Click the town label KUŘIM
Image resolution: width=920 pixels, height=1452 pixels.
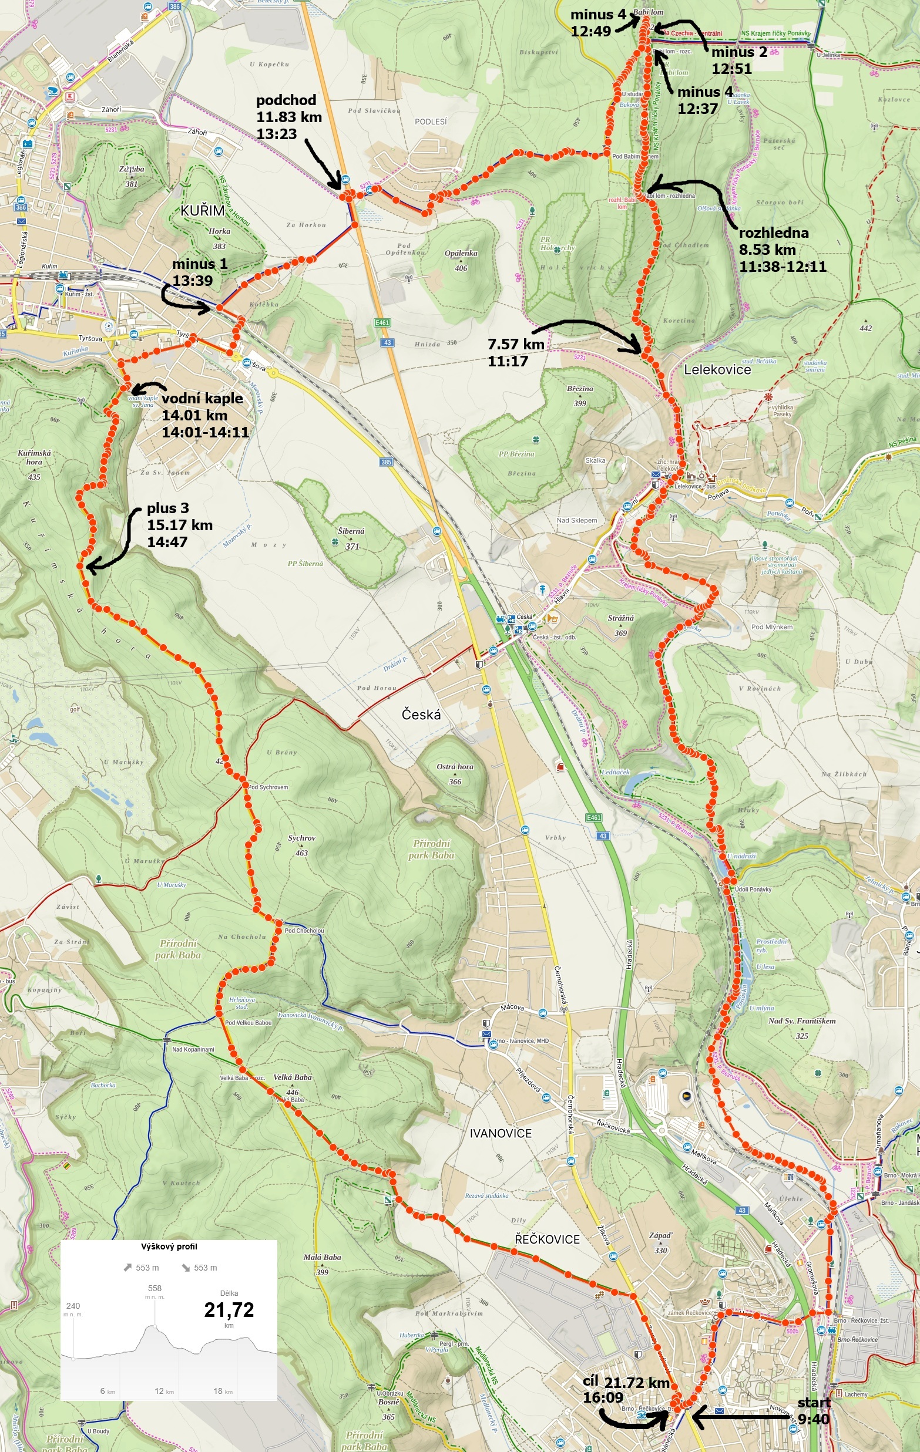(202, 210)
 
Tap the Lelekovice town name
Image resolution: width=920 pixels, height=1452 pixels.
(717, 370)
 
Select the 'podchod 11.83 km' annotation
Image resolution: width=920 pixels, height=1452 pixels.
(288, 116)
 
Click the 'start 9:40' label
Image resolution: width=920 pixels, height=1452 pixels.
(813, 1410)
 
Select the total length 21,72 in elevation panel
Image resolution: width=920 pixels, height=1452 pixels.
(229, 1310)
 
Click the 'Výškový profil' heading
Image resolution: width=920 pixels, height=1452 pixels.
(169, 1247)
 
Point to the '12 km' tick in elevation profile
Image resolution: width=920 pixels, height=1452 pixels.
(163, 1390)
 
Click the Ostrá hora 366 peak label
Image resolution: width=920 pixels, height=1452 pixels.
(455, 774)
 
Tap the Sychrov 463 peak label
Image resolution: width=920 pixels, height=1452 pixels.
(301, 845)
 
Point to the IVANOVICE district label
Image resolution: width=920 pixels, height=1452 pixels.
(500, 1133)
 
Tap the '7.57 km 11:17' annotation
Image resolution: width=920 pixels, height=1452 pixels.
(515, 352)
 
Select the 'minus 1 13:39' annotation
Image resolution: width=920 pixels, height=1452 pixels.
(199, 271)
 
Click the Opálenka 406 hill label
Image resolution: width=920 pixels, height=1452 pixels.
(461, 260)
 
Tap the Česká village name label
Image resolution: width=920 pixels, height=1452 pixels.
(421, 715)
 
